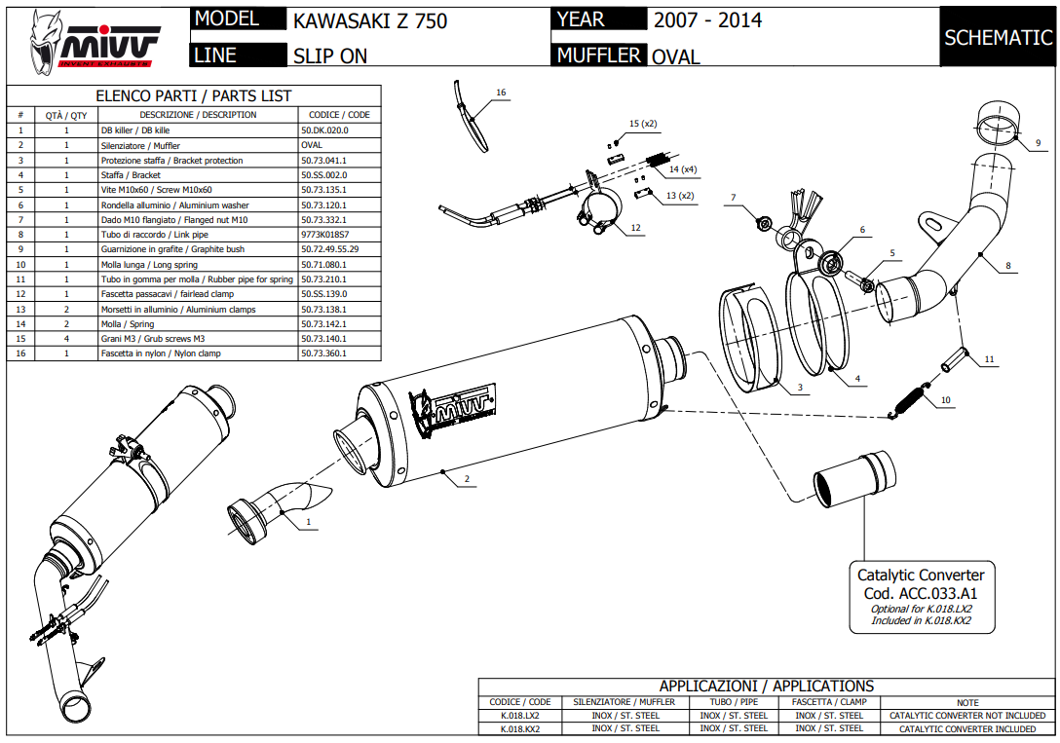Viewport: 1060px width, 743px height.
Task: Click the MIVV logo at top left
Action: click(x=95, y=43)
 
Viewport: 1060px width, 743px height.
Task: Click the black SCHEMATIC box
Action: click(x=998, y=38)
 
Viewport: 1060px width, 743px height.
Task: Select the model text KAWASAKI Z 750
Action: click(x=370, y=20)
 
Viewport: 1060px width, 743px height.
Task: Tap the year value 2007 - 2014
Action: click(x=707, y=20)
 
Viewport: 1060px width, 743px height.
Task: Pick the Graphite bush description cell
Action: click(x=198, y=249)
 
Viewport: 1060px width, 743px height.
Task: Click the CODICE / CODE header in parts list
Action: click(x=339, y=115)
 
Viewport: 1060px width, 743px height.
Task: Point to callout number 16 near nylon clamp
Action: click(x=501, y=93)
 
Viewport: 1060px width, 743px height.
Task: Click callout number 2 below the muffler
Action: click(x=468, y=479)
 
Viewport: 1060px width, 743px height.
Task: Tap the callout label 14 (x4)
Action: click(x=682, y=169)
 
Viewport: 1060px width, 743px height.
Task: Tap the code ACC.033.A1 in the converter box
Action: click(x=920, y=593)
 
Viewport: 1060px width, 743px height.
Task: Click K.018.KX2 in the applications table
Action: click(x=519, y=728)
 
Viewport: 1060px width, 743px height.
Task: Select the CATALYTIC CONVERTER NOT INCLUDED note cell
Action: click(x=966, y=716)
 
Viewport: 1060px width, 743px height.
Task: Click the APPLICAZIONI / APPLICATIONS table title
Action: click(x=766, y=687)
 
